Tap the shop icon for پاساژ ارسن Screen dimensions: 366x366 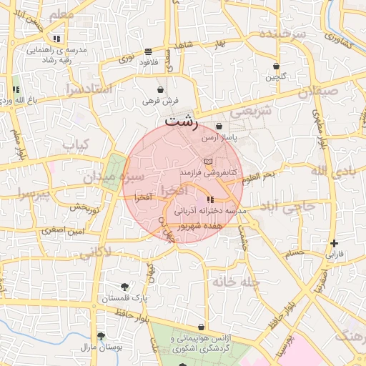[x=219, y=127]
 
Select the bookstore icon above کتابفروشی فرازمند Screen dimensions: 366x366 [x=208, y=162]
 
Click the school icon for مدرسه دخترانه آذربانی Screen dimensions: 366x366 [x=209, y=199]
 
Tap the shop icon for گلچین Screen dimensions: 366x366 [x=276, y=66]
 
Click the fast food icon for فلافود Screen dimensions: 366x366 [x=148, y=51]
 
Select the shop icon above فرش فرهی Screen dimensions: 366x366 [x=160, y=91]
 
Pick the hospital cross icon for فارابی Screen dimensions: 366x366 [x=335, y=243]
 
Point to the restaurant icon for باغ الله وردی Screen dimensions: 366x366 [x=16, y=89]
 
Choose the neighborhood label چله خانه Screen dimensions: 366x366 [x=234, y=282]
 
